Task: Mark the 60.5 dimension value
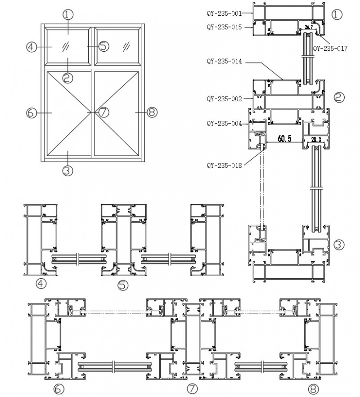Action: pyautogui.click(x=284, y=139)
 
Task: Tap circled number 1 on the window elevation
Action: pyautogui.click(x=67, y=14)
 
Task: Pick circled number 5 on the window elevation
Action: pyautogui.click(x=104, y=46)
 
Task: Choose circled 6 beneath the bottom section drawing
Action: pyautogui.click(x=60, y=389)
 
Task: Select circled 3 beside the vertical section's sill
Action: pyautogui.click(x=339, y=245)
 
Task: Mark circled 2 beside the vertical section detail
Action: pyautogui.click(x=339, y=97)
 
